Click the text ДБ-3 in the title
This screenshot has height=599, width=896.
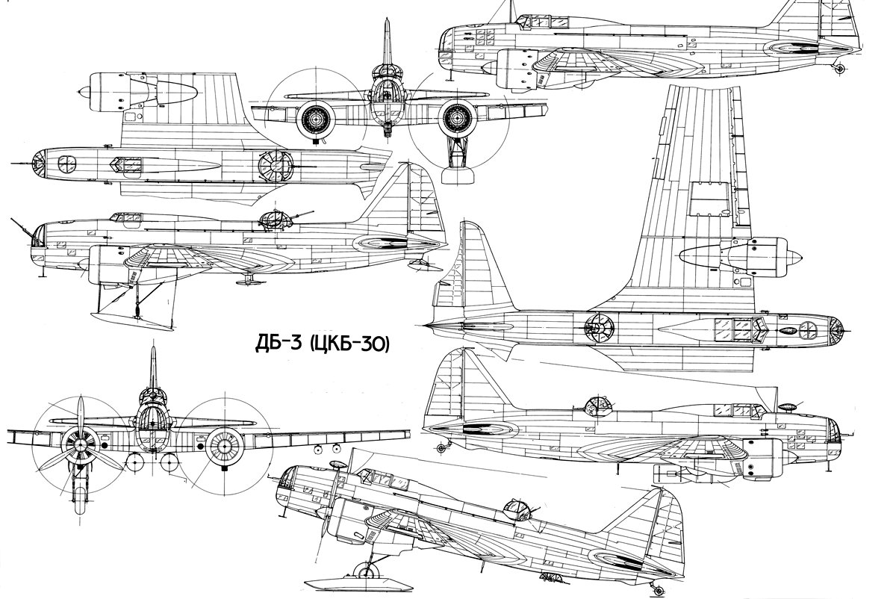278,344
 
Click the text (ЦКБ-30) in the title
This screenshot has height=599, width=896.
349,344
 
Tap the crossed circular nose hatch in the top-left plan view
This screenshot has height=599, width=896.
66,164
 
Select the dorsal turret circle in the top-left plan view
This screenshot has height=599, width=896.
274,167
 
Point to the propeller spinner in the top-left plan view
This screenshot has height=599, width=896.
84,92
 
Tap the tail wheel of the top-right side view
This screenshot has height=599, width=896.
839,69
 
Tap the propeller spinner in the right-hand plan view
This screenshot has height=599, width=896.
794,257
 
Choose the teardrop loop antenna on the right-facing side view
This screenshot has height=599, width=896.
788,407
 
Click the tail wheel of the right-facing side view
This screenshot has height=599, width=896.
441,449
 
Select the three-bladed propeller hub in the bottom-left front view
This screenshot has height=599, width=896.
80,445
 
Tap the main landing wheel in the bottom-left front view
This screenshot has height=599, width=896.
80,500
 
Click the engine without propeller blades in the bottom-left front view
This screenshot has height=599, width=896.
224,445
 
